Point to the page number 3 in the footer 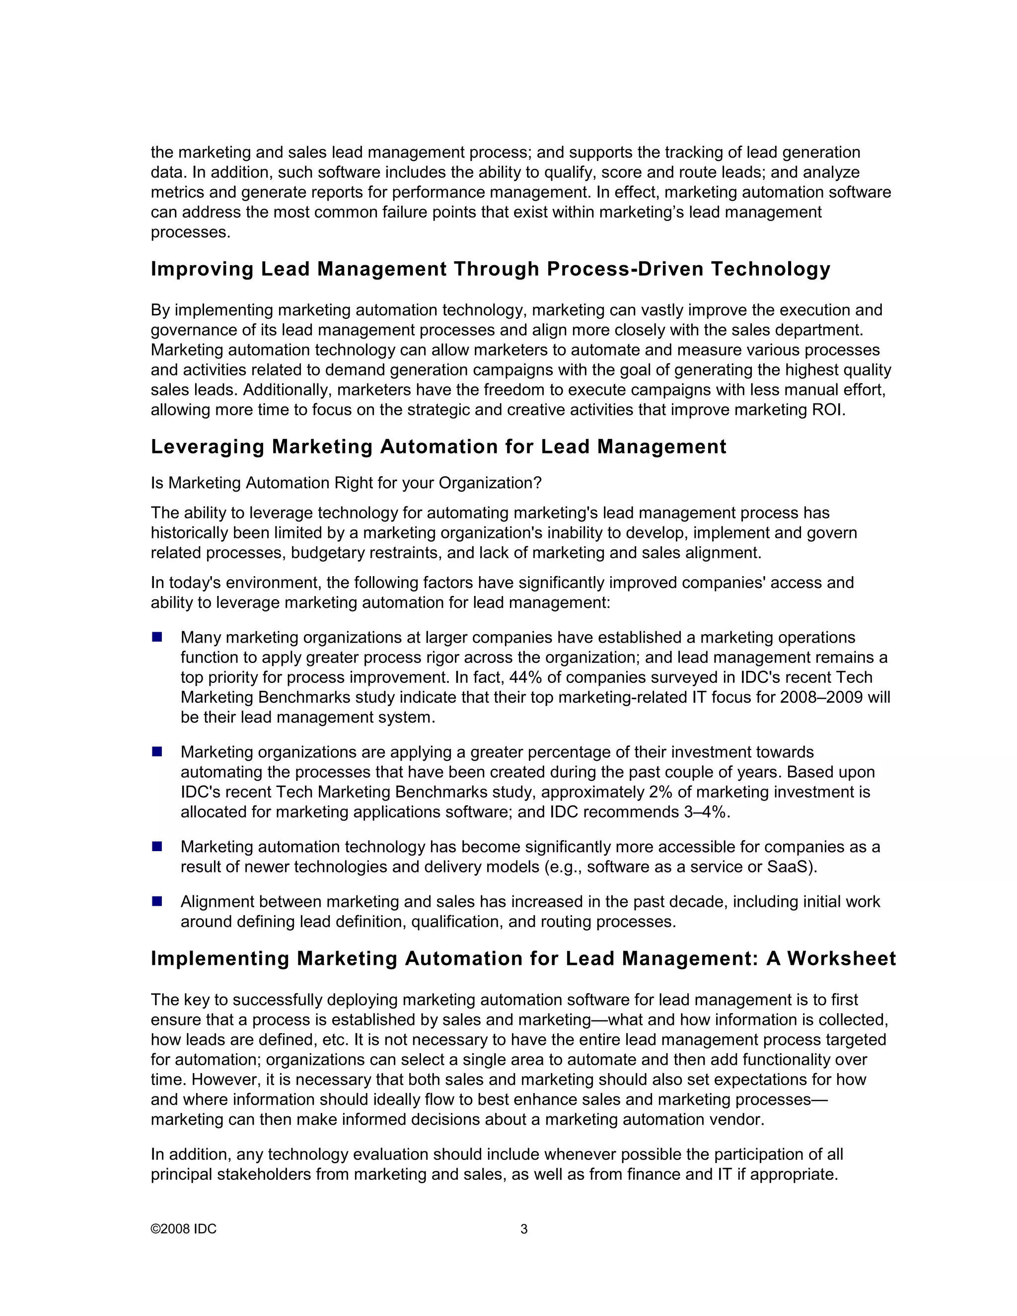(523, 1229)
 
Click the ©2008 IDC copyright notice (183, 1229)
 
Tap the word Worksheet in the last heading (841, 958)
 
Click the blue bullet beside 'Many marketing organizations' (157, 637)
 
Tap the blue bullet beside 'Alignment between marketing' (157, 901)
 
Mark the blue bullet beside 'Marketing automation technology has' (157, 847)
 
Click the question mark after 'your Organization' (537, 483)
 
